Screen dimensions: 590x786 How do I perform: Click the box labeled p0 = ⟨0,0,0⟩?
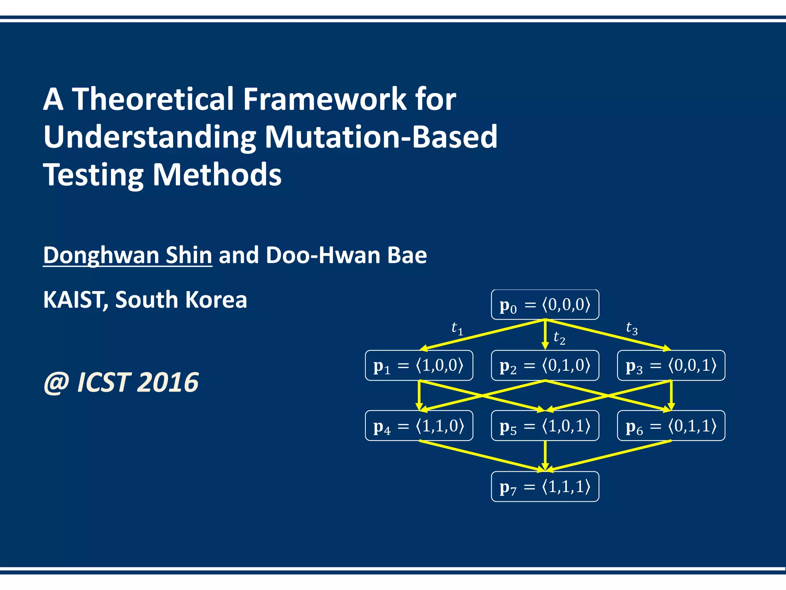pos(545,305)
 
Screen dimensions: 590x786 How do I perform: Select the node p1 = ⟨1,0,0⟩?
pos(419,365)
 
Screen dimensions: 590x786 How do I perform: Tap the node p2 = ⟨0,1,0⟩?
pos(545,365)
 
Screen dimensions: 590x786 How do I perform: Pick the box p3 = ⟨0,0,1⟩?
pos(671,365)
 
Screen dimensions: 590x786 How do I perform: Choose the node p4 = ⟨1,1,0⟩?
pos(419,426)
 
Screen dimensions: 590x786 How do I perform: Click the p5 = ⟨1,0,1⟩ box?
pos(545,426)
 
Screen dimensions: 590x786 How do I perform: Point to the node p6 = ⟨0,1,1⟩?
pos(671,426)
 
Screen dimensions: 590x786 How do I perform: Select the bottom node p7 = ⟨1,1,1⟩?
pos(545,486)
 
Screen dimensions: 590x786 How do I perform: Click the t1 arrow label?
pos(457,329)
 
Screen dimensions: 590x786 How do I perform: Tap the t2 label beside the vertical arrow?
pos(559,338)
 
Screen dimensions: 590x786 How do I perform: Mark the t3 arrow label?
pos(632,328)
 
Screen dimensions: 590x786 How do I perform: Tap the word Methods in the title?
pos(217,175)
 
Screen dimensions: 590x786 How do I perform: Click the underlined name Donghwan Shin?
pos(127,255)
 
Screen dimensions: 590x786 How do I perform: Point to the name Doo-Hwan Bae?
pos(346,255)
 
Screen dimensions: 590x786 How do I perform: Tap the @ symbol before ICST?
pos(56,383)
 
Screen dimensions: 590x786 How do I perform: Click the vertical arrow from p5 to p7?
pos(545,455)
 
